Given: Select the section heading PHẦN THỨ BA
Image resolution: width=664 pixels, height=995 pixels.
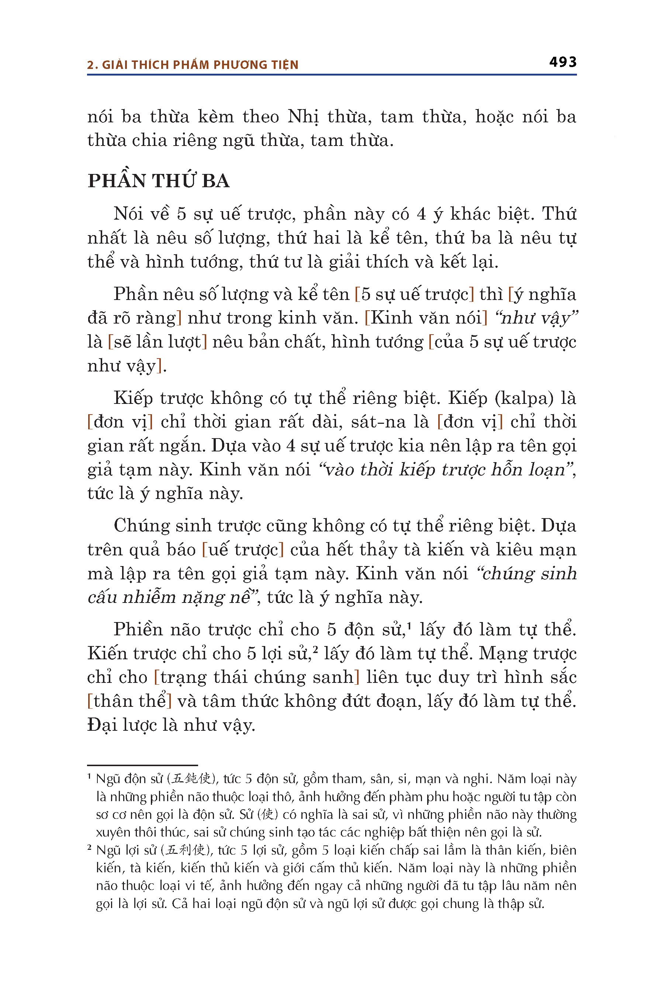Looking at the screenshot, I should [x=158, y=181].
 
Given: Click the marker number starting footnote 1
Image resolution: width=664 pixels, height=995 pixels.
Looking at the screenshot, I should [x=89, y=777].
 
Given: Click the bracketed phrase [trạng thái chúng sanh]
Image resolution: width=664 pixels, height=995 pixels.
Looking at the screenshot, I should [x=257, y=677].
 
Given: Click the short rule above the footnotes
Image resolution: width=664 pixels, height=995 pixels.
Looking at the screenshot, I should [x=142, y=765].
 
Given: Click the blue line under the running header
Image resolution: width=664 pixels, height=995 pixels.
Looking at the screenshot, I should [x=332, y=75].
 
